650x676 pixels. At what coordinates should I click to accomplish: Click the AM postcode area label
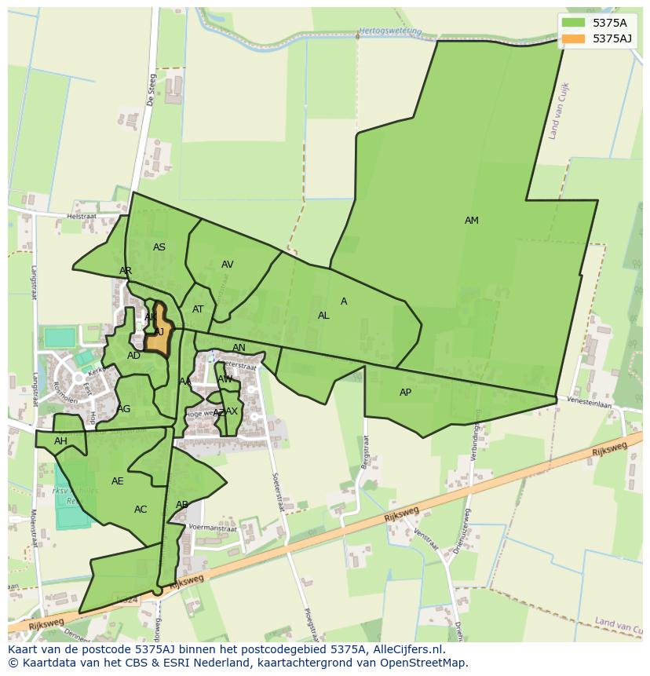click(x=471, y=221)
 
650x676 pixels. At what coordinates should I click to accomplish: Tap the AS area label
click(x=159, y=247)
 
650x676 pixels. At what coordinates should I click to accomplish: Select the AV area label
click(x=227, y=265)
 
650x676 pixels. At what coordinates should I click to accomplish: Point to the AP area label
click(x=405, y=393)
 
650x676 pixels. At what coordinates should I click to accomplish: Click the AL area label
click(x=323, y=316)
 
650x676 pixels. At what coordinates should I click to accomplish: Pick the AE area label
click(x=118, y=481)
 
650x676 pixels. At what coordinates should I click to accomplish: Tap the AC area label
click(x=141, y=510)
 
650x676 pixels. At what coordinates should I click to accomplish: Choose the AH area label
click(x=60, y=441)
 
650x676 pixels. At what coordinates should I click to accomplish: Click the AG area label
click(x=124, y=409)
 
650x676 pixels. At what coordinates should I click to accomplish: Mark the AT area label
click(x=198, y=309)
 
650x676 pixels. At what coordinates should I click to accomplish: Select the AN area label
click(x=239, y=348)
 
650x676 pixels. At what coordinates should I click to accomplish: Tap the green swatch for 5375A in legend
click(x=573, y=22)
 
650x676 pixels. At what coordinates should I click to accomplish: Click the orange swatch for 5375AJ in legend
click(x=573, y=38)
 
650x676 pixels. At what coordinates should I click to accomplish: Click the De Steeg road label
click(x=152, y=90)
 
